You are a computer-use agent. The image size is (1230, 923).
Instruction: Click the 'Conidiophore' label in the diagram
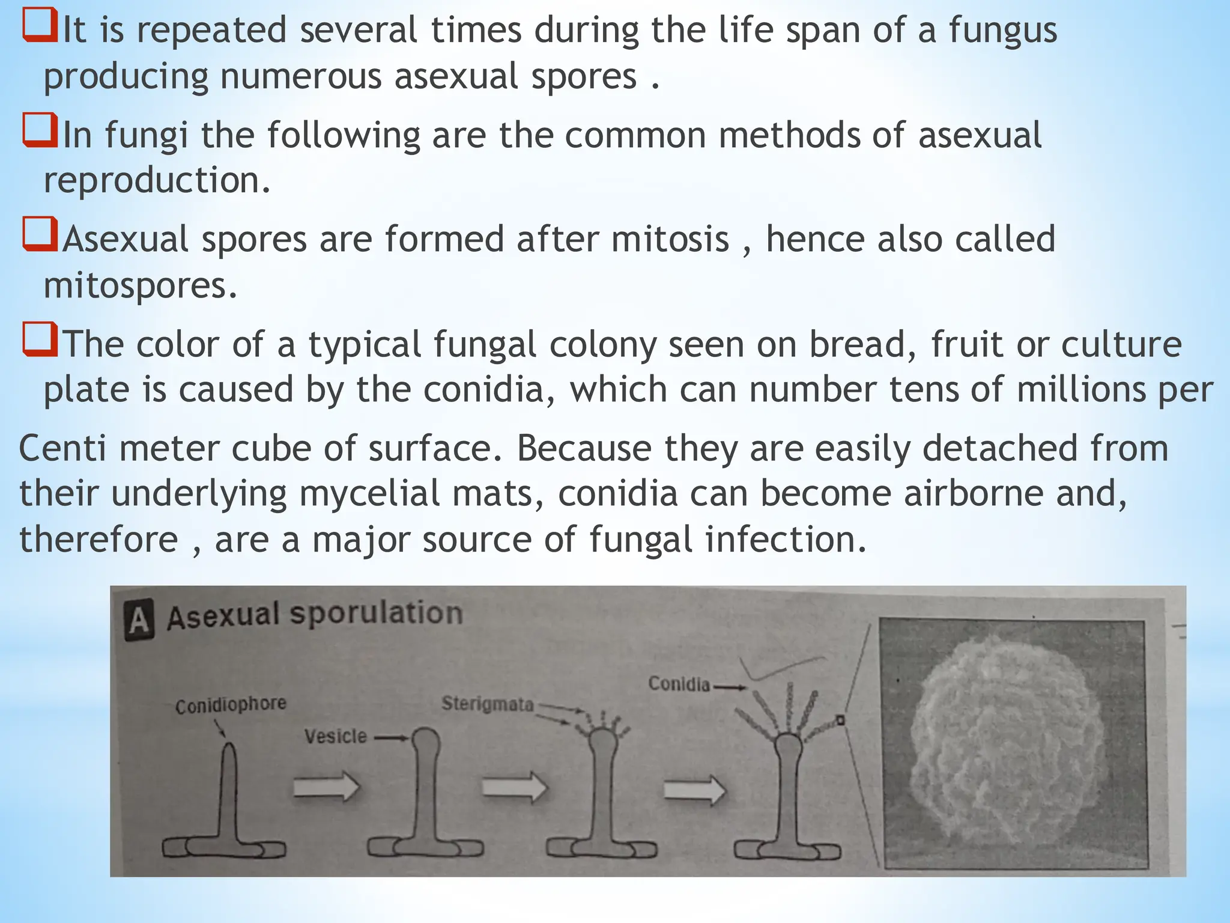click(231, 705)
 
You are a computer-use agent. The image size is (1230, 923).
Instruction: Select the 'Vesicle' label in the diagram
click(335, 736)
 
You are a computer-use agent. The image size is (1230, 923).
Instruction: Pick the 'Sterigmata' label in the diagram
click(488, 704)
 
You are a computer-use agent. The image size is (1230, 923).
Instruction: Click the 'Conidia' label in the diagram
click(679, 684)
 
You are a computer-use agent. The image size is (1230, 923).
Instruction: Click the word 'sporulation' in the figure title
click(377, 614)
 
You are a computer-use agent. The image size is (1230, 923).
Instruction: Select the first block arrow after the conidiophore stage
click(326, 787)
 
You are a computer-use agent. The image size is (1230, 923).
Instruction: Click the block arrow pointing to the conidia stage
click(695, 788)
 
